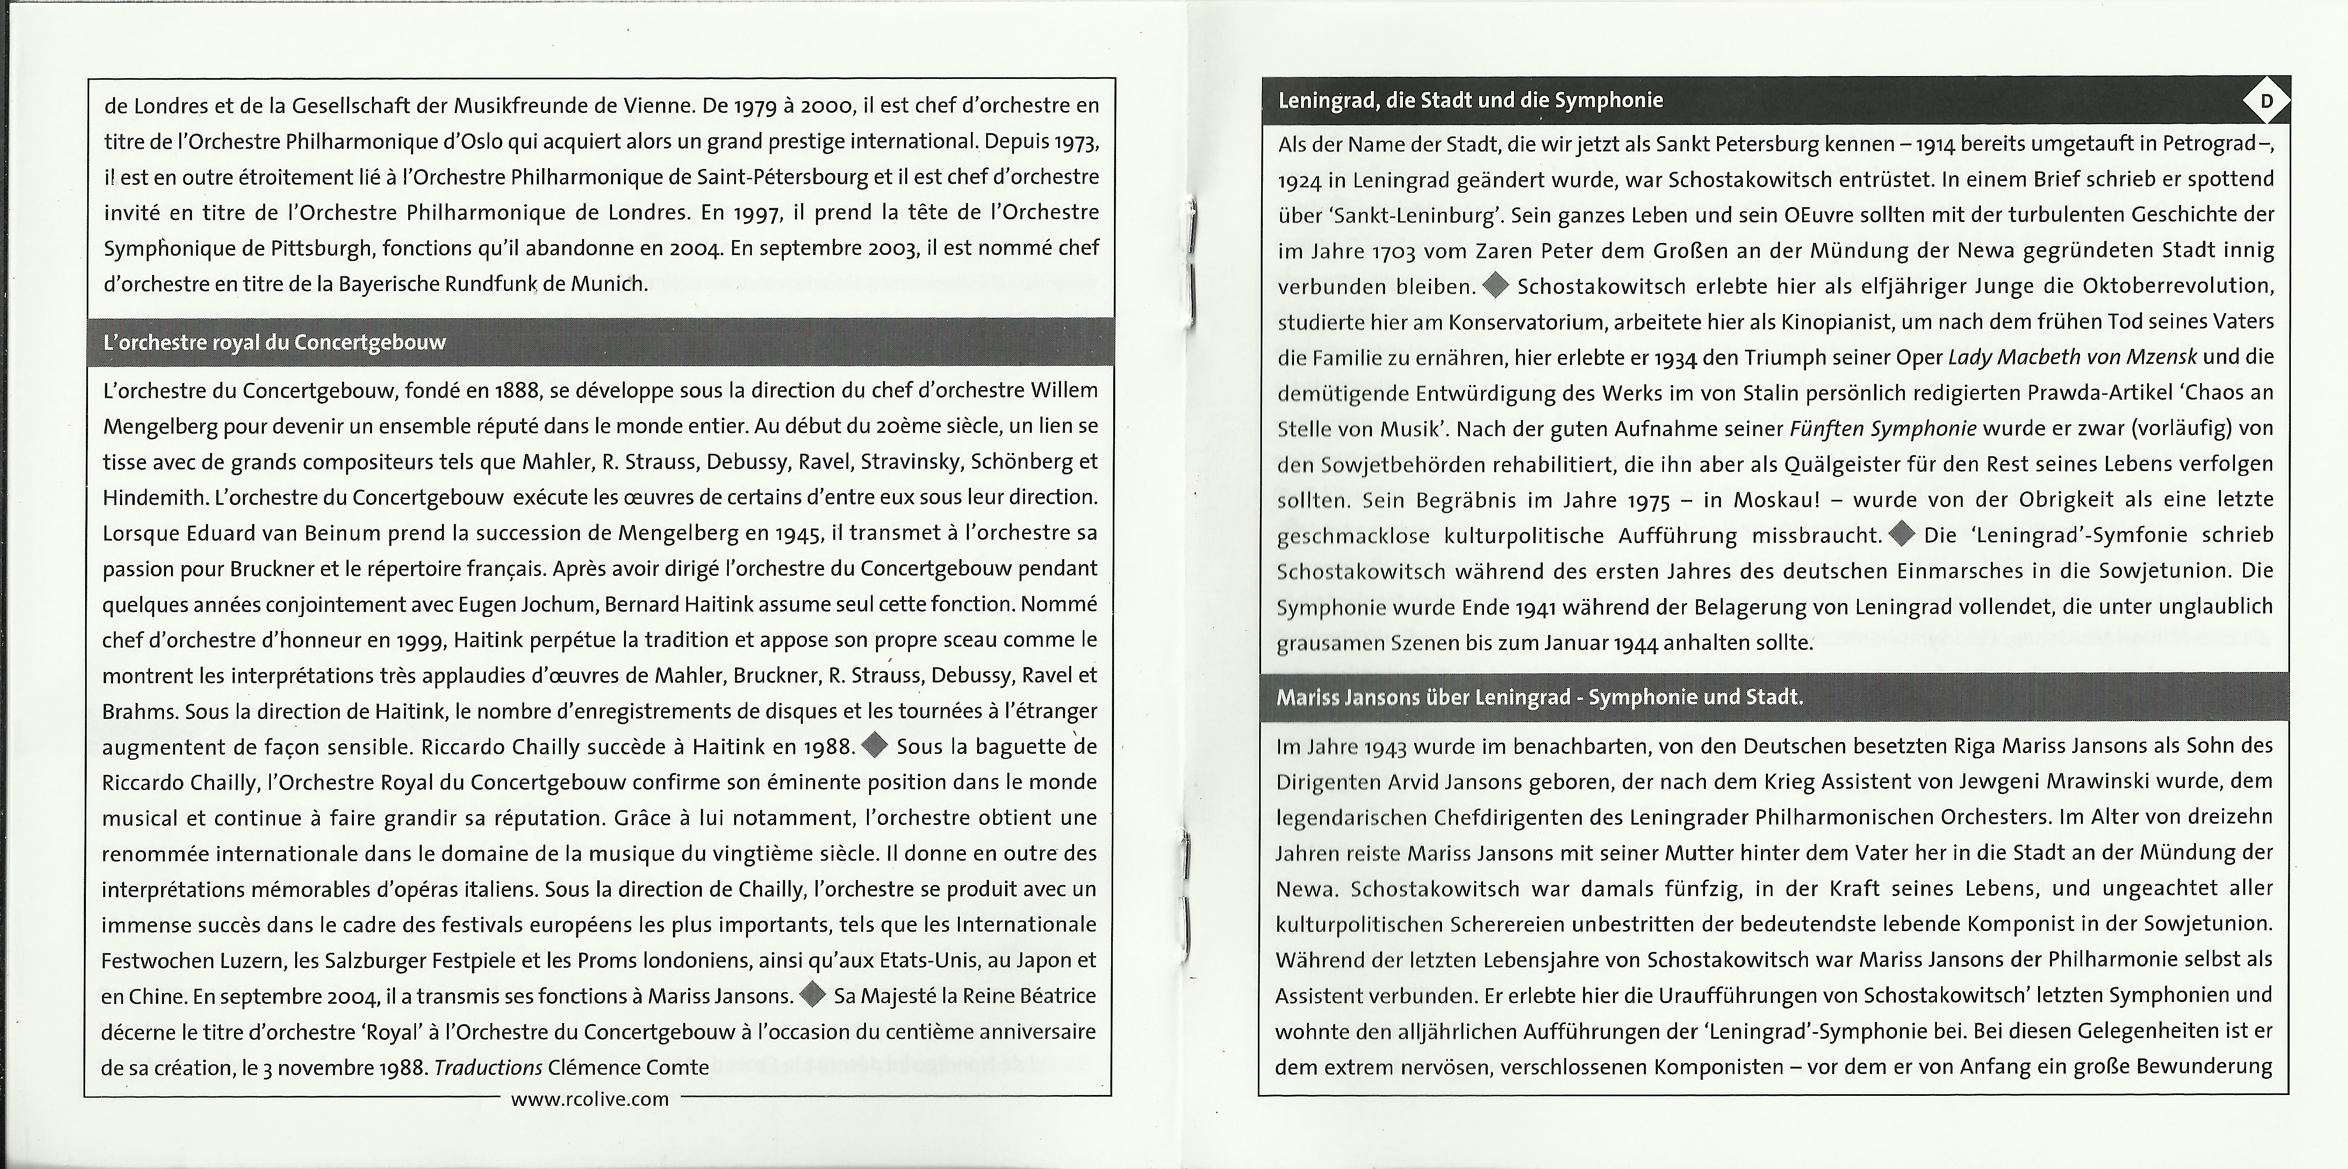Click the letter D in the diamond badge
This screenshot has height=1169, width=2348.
2266,100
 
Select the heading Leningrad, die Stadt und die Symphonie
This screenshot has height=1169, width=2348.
1470,100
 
